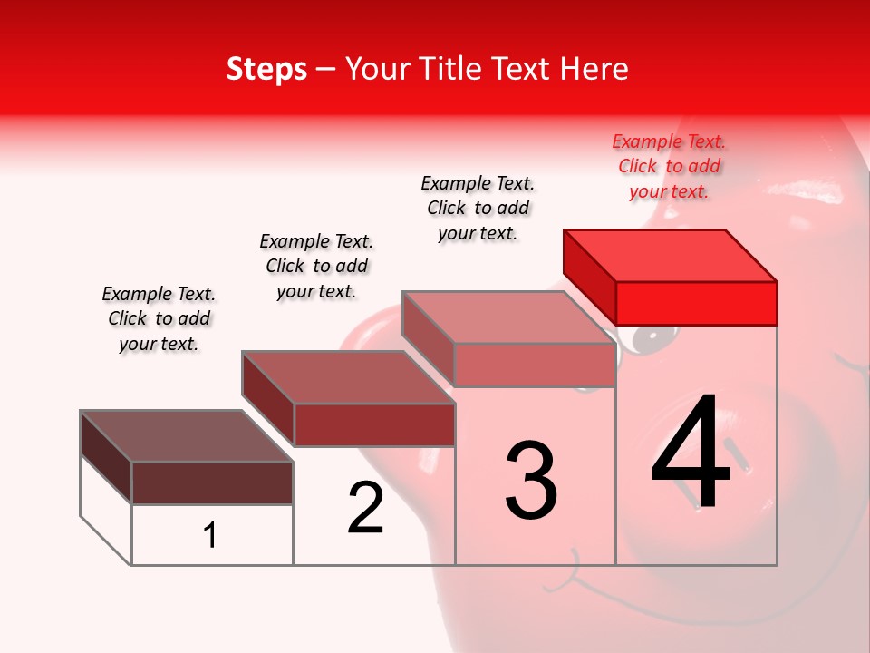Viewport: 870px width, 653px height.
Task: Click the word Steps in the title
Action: pos(266,70)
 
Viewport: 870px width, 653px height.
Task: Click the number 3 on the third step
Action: pos(531,481)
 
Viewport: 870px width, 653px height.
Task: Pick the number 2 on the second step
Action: pos(365,508)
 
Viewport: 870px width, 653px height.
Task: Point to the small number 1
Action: pos(210,535)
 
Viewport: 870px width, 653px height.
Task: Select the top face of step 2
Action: pos(348,377)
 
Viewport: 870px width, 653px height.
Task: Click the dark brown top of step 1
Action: pos(187,436)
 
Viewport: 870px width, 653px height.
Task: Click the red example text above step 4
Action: pos(669,167)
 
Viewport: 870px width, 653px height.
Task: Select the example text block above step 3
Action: pos(478,208)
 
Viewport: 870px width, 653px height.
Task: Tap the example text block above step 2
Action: pos(316,266)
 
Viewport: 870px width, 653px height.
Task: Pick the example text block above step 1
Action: pos(159,318)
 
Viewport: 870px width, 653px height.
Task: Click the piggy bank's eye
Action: pos(650,339)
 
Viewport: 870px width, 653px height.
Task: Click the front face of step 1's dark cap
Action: pos(212,482)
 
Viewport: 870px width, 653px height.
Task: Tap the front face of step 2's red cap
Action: pos(373,424)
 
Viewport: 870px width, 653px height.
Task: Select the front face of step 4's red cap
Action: pos(696,303)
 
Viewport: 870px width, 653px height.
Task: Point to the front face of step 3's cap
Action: pos(535,365)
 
